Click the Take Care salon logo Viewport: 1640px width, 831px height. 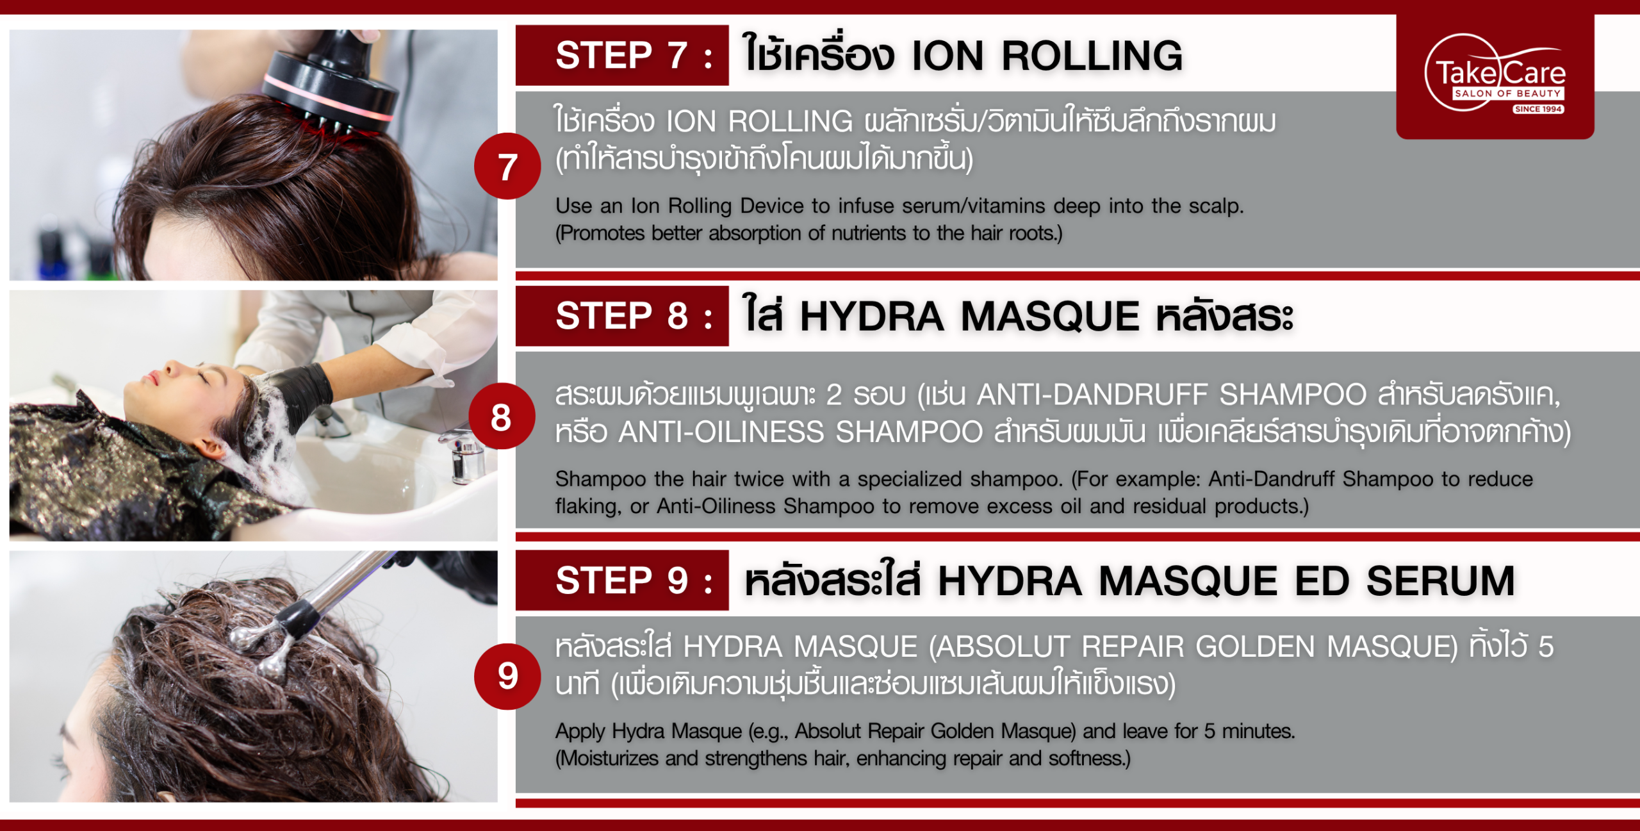click(x=1495, y=74)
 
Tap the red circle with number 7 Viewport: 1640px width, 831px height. click(x=507, y=166)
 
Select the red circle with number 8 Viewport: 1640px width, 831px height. click(x=502, y=416)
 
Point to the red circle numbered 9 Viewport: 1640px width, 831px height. click(x=507, y=676)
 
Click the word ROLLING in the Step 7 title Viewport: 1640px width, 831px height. click(x=1092, y=56)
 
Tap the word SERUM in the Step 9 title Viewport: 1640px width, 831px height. click(x=1440, y=581)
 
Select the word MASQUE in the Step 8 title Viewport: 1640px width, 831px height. click(x=1050, y=317)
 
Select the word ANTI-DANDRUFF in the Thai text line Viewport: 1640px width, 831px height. click(x=1092, y=395)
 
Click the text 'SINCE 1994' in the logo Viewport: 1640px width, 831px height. click(x=1538, y=109)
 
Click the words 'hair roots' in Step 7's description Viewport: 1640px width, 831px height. click(x=1012, y=233)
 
